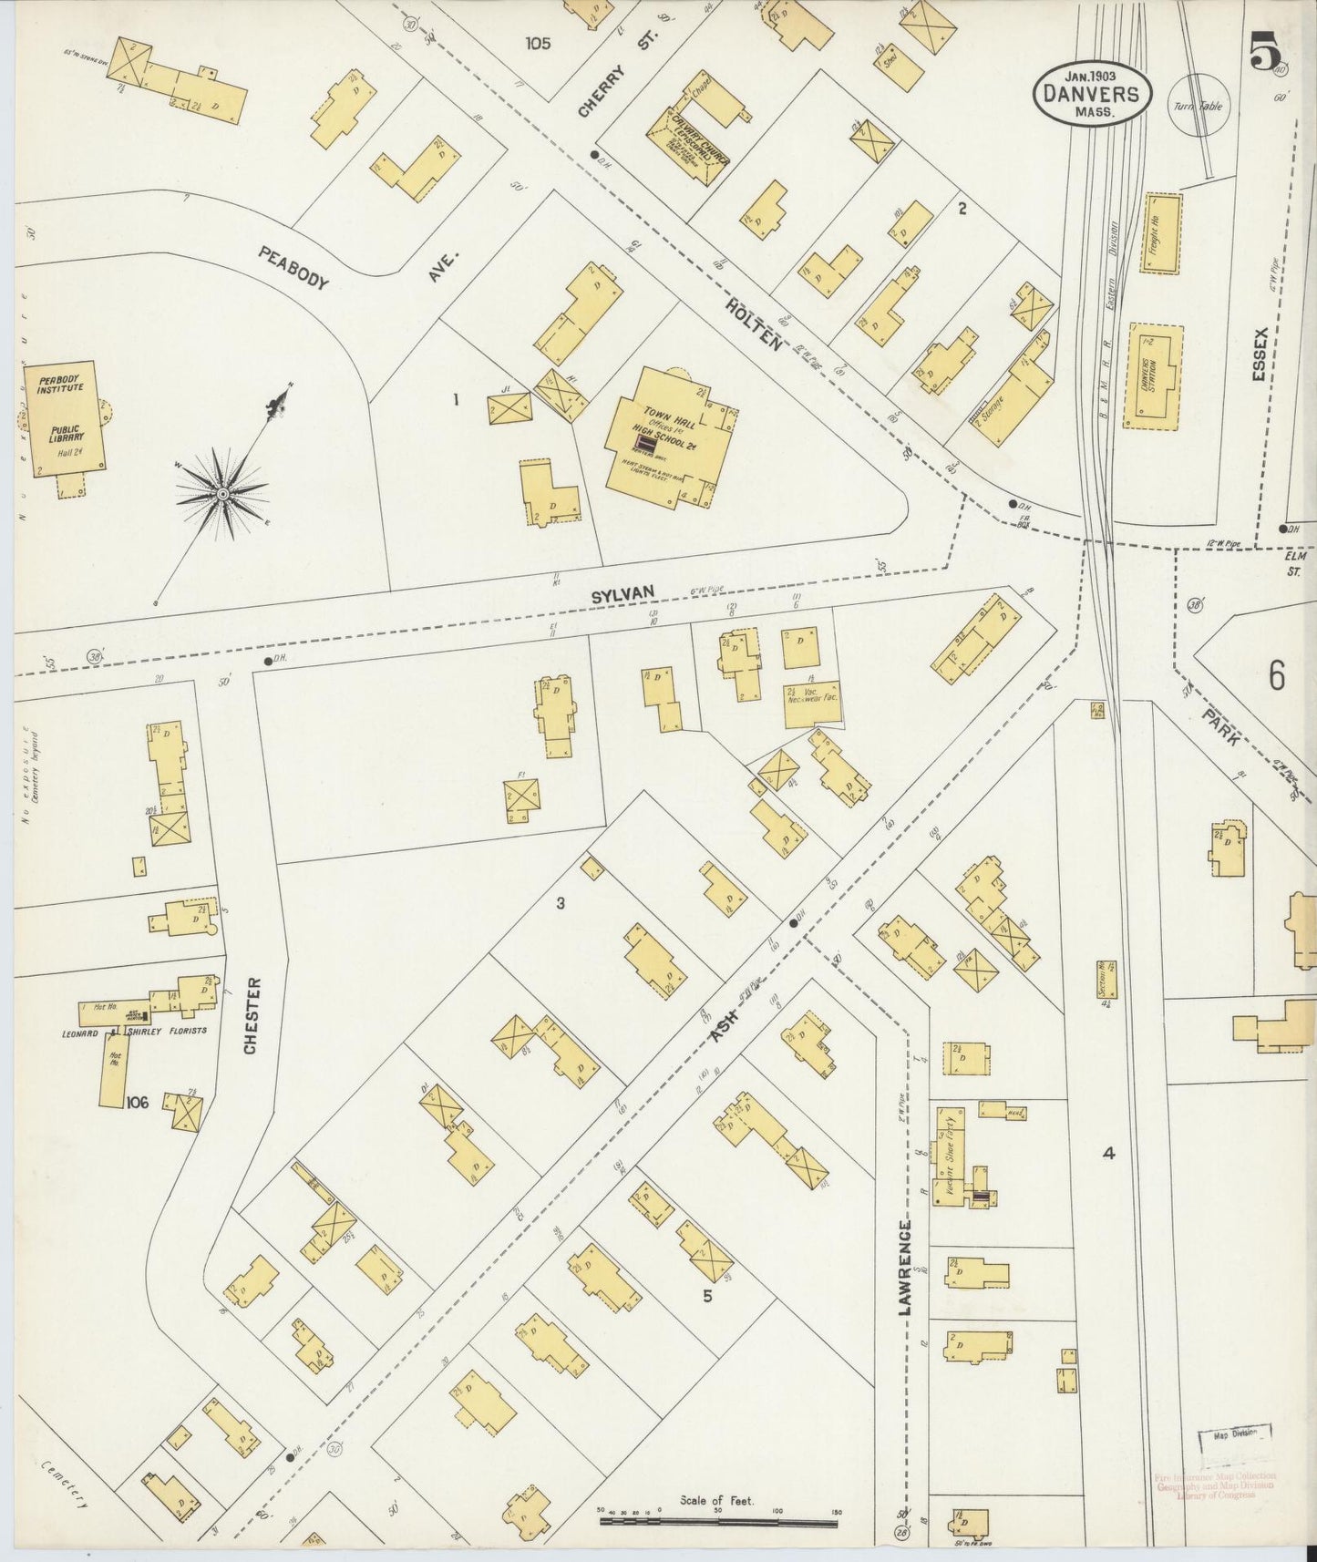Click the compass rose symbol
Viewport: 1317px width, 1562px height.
tap(221, 494)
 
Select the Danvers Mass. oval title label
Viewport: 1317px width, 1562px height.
tap(1092, 93)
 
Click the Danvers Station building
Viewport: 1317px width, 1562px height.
tap(1153, 376)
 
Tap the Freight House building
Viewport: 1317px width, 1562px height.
tap(1160, 232)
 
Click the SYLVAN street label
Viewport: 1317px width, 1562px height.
tap(622, 594)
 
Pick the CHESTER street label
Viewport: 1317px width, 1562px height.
tap(252, 1015)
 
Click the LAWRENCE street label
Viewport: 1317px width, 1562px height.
tap(904, 1267)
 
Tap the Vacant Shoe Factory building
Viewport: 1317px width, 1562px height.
tap(951, 1156)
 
